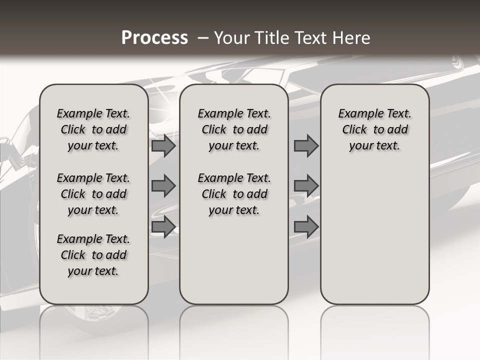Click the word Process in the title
pos(154,38)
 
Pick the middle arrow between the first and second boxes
pos(163,186)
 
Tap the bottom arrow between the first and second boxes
pos(163,226)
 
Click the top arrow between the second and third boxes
pos(306,145)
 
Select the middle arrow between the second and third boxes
pos(306,186)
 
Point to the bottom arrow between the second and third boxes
pos(306,226)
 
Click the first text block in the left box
pos(93,129)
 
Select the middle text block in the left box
pos(93,194)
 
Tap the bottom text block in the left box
pos(93,255)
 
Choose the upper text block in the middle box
pos(234,129)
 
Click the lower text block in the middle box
pos(234,194)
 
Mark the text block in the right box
pos(374,129)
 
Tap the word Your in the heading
pos(231,38)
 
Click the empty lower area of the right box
pos(374,235)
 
